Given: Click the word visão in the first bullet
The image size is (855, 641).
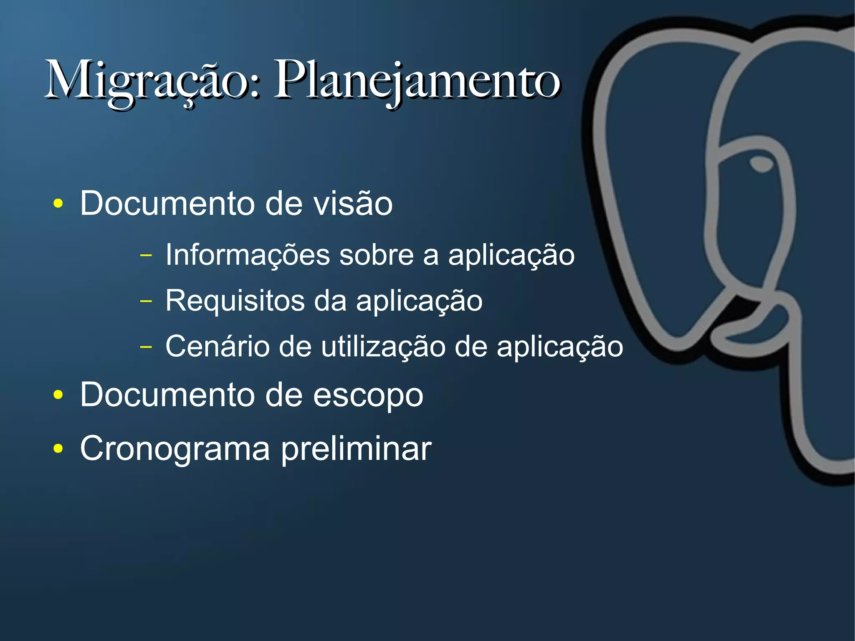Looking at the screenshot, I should click(353, 204).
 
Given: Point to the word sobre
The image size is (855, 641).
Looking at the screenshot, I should click(376, 255).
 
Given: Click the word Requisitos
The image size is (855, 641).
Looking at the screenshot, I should click(235, 301).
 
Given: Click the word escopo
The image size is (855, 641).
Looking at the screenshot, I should click(368, 395).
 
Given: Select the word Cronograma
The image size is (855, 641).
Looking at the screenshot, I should click(175, 448).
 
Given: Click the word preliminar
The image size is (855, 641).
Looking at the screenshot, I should click(356, 449).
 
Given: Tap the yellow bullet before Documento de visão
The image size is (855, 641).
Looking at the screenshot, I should click(58, 204).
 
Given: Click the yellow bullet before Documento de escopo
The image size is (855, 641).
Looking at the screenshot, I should click(58, 395).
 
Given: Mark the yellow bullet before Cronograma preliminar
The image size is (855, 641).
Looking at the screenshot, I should click(58, 448).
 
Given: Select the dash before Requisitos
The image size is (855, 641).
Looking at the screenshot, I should click(146, 300).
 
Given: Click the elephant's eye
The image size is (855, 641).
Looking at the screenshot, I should click(761, 163).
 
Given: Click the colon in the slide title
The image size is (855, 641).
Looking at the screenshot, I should click(256, 85).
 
